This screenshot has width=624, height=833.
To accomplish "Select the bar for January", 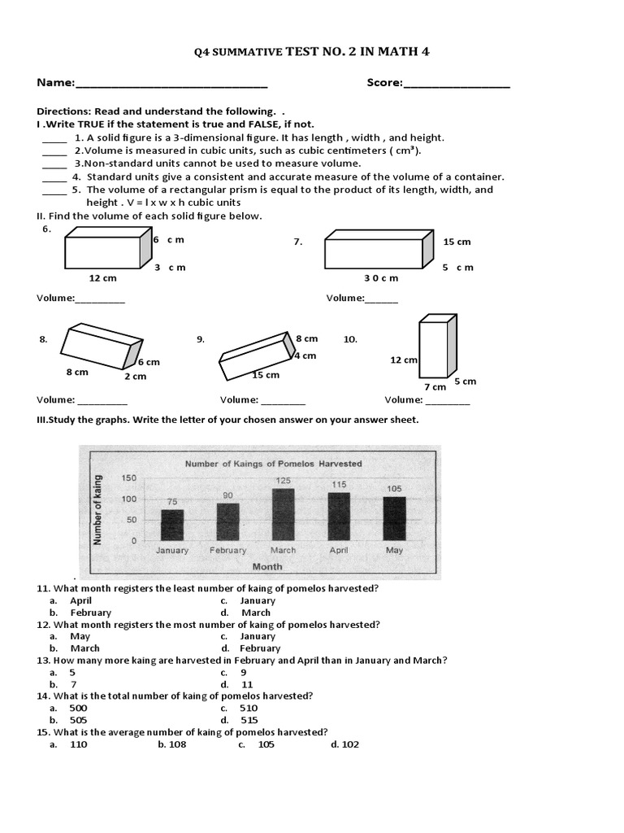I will [x=171, y=526].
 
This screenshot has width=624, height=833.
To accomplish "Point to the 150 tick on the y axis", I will [x=128, y=478].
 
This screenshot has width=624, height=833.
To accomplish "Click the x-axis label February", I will [x=227, y=551].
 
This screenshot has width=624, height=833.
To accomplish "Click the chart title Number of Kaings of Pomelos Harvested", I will [x=274, y=464].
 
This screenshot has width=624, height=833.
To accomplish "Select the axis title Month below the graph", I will [x=267, y=566].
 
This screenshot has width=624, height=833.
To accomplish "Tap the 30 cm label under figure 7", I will [x=381, y=278].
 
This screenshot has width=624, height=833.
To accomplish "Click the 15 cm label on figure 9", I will [x=266, y=375].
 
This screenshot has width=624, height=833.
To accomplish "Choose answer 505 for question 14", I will [x=79, y=720].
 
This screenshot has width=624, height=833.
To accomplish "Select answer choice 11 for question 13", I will [x=249, y=685].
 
